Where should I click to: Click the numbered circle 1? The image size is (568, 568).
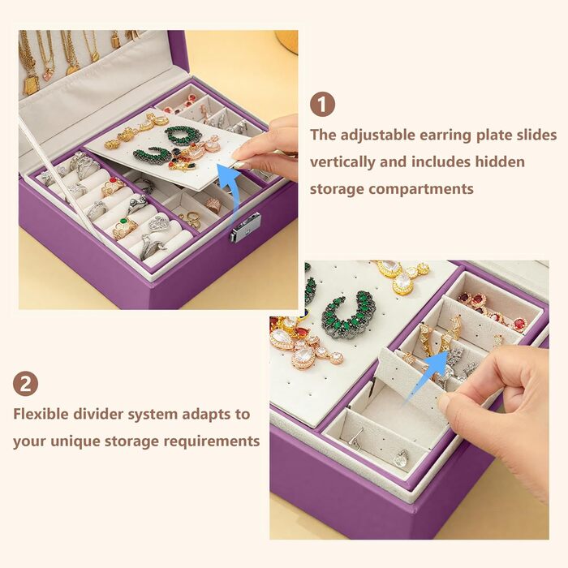pyautogui.click(x=322, y=105)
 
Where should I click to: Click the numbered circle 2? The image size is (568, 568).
pyautogui.click(x=25, y=384)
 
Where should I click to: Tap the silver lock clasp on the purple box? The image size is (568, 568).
pyautogui.click(x=245, y=227)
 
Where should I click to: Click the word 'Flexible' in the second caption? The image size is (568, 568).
pyautogui.click(x=41, y=414)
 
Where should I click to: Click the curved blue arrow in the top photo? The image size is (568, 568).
pyautogui.click(x=230, y=188)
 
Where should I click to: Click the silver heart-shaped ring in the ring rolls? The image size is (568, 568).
pyautogui.click(x=159, y=225)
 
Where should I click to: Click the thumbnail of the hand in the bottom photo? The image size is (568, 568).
pyautogui.click(x=444, y=402)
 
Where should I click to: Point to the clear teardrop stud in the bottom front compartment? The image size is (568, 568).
pyautogui.click(x=401, y=458)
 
